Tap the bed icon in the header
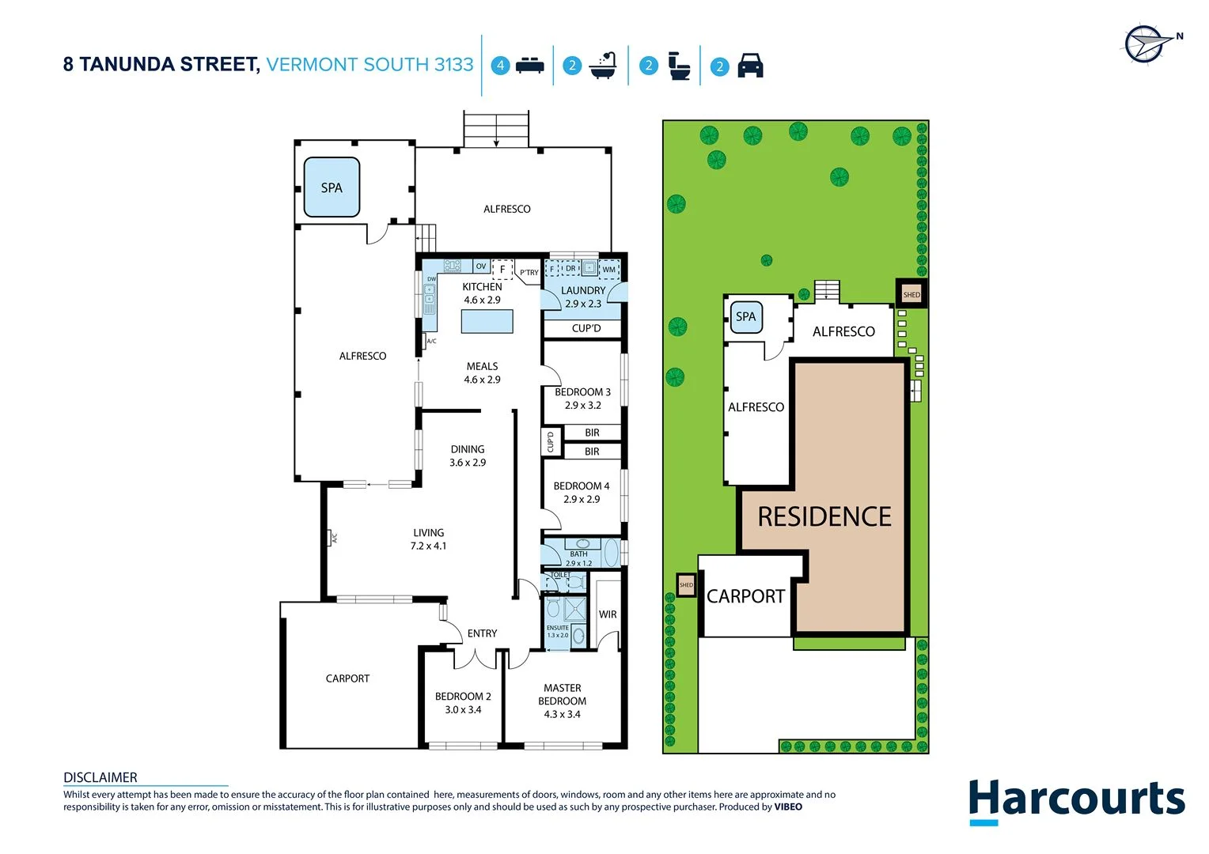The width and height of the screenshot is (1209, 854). [x=529, y=66]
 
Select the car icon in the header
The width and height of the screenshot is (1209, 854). [x=750, y=66]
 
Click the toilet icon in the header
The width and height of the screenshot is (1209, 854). [x=679, y=66]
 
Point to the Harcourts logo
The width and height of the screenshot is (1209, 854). [x=1077, y=800]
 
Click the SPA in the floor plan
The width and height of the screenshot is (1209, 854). [x=332, y=188]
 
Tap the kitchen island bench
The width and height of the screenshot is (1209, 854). [x=487, y=322]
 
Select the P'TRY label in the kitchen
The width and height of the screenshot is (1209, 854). [x=529, y=273]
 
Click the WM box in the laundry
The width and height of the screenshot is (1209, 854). [x=608, y=270]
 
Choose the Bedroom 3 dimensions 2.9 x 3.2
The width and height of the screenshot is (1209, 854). [x=582, y=406]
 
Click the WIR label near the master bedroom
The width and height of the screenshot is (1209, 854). [x=608, y=614]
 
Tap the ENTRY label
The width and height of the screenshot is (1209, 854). [x=482, y=633]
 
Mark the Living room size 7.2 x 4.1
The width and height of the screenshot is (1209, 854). [x=428, y=546]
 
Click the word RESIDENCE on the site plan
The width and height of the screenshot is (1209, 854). [x=824, y=517]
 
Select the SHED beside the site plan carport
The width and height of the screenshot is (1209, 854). [x=686, y=585]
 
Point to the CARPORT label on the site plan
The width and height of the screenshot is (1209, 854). [x=745, y=597]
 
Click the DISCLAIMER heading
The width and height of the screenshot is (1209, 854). [x=100, y=778]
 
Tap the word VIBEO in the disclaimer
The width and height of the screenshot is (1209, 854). [x=788, y=807]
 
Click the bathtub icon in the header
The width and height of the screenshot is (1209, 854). [x=603, y=66]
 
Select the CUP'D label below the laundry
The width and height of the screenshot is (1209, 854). [x=586, y=329]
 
